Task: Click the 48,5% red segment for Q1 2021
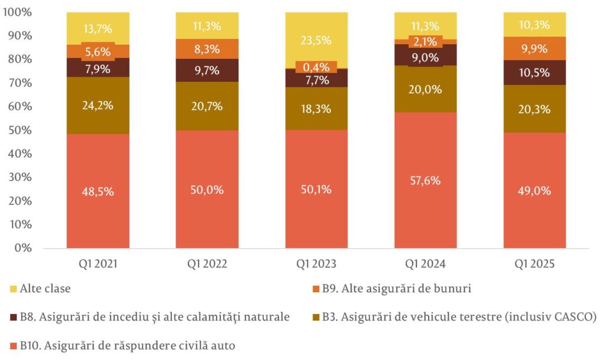click(x=98, y=191)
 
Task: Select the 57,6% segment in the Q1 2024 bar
click(x=425, y=180)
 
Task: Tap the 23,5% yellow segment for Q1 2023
click(x=316, y=40)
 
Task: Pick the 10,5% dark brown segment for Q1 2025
click(x=535, y=72)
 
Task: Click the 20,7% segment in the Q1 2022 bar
click(x=207, y=106)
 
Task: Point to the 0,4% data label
click(x=316, y=67)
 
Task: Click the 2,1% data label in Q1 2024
click(x=425, y=41)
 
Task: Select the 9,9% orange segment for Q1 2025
click(x=535, y=48)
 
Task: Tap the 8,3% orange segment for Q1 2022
click(x=207, y=49)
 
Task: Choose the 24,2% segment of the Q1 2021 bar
click(x=98, y=105)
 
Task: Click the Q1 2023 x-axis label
click(x=316, y=264)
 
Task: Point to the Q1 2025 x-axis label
click(x=535, y=264)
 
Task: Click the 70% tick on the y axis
click(x=19, y=82)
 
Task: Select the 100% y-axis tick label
click(x=17, y=12)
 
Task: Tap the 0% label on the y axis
click(x=23, y=248)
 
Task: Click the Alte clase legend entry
click(x=40, y=289)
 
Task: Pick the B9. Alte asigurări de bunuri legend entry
click(x=392, y=289)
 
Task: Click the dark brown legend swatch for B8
click(x=14, y=318)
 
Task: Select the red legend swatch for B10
click(x=14, y=346)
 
